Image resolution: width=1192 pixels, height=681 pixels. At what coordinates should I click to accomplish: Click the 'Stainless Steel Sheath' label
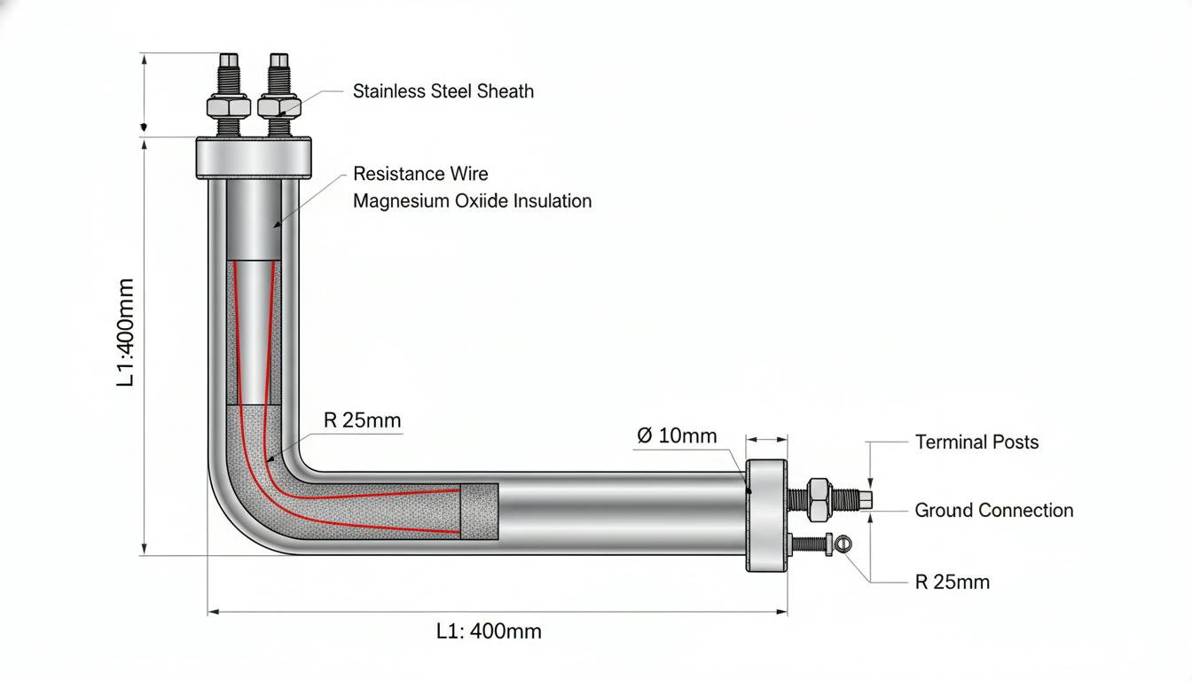[x=443, y=91]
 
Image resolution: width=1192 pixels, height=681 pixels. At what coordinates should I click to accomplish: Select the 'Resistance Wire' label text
[x=420, y=174]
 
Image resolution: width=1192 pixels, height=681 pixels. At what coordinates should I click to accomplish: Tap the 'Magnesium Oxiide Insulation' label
[x=473, y=201]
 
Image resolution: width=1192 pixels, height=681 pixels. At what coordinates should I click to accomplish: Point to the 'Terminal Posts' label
[x=977, y=442]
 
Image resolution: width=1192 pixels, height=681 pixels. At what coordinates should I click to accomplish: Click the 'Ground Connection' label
[x=994, y=510]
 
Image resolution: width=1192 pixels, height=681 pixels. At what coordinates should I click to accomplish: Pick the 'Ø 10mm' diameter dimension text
[x=677, y=435]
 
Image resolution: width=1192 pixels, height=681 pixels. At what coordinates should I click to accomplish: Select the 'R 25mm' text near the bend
[x=362, y=420]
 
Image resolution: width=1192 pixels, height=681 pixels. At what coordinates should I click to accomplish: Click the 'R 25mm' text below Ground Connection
[x=953, y=582]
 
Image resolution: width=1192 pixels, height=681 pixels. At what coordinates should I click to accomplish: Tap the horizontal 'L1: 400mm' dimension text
[x=489, y=631]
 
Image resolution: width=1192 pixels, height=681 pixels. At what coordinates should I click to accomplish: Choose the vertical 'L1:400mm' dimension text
[x=126, y=333]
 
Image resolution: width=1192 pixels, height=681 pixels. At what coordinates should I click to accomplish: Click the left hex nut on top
[x=229, y=106]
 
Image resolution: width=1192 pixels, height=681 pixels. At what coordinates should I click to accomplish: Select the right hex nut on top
[x=279, y=106]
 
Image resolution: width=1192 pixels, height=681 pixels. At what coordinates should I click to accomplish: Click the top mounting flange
[x=254, y=158]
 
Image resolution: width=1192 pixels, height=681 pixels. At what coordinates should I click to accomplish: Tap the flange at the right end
[x=766, y=515]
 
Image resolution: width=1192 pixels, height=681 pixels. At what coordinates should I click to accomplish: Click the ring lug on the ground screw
[x=843, y=544]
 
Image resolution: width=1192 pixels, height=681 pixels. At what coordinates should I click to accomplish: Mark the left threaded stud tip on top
[x=229, y=60]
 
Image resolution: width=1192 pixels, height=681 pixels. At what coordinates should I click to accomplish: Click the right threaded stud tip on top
[x=279, y=60]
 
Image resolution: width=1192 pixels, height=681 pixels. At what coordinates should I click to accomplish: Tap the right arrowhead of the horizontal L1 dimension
[x=781, y=612]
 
